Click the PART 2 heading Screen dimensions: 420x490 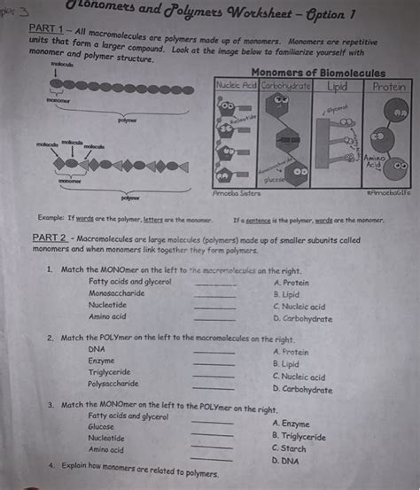(x=51, y=239)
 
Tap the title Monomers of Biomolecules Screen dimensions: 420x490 (x=318, y=72)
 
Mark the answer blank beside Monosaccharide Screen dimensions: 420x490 (x=215, y=293)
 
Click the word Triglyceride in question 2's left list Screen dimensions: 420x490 (x=113, y=372)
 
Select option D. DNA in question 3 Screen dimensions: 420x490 (x=288, y=461)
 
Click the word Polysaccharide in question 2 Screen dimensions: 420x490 (x=113, y=384)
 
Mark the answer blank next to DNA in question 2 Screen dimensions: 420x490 (x=214, y=352)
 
